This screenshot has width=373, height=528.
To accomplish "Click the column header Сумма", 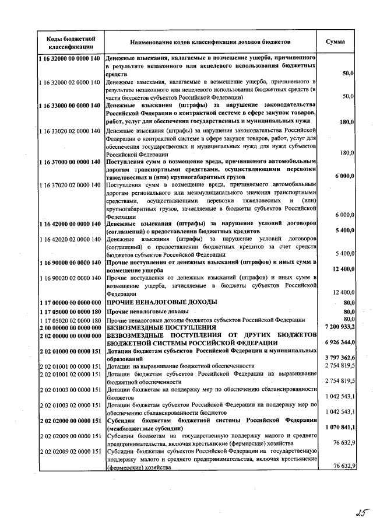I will tap(335, 42).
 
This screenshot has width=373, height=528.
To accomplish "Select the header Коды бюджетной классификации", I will tap(68, 42).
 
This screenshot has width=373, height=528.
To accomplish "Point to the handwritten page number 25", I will tap(347, 514).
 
